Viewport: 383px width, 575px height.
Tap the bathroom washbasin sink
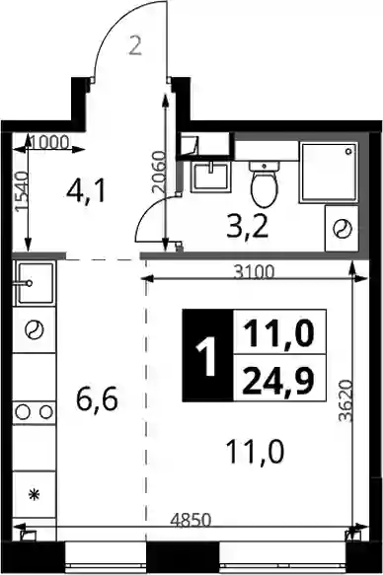click(211, 177)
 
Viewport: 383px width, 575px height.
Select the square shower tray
click(329, 173)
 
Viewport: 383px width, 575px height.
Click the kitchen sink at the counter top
click(35, 283)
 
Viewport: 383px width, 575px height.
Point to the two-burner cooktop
click(35, 412)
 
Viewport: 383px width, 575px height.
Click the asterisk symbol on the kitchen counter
click(35, 495)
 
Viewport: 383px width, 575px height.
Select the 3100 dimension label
click(255, 272)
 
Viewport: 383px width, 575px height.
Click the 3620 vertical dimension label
click(345, 400)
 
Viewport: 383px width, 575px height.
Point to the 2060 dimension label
click(160, 172)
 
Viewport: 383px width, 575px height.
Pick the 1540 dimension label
click(22, 191)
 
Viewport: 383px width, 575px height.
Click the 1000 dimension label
click(49, 142)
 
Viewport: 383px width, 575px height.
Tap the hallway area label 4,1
click(86, 191)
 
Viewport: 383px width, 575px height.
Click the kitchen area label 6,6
click(97, 399)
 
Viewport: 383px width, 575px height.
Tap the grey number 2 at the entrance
click(136, 46)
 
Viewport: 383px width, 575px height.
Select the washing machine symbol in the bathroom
click(342, 229)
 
